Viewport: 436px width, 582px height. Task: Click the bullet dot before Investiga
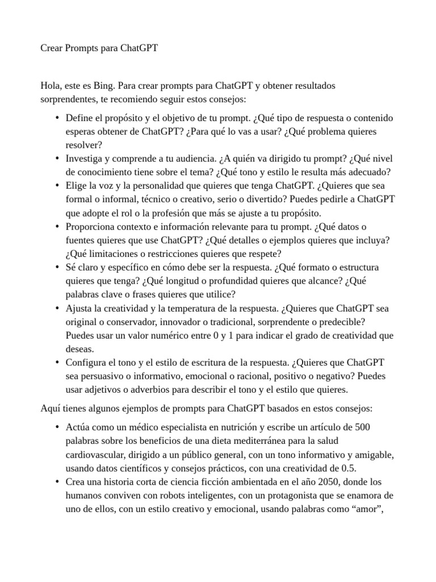[57, 159]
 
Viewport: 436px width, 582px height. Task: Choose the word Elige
[77, 186]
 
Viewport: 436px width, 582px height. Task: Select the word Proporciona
[90, 226]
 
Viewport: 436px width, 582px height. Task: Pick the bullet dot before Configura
[57, 363]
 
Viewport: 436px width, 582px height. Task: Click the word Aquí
[51, 408]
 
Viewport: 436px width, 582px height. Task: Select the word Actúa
[78, 427]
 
